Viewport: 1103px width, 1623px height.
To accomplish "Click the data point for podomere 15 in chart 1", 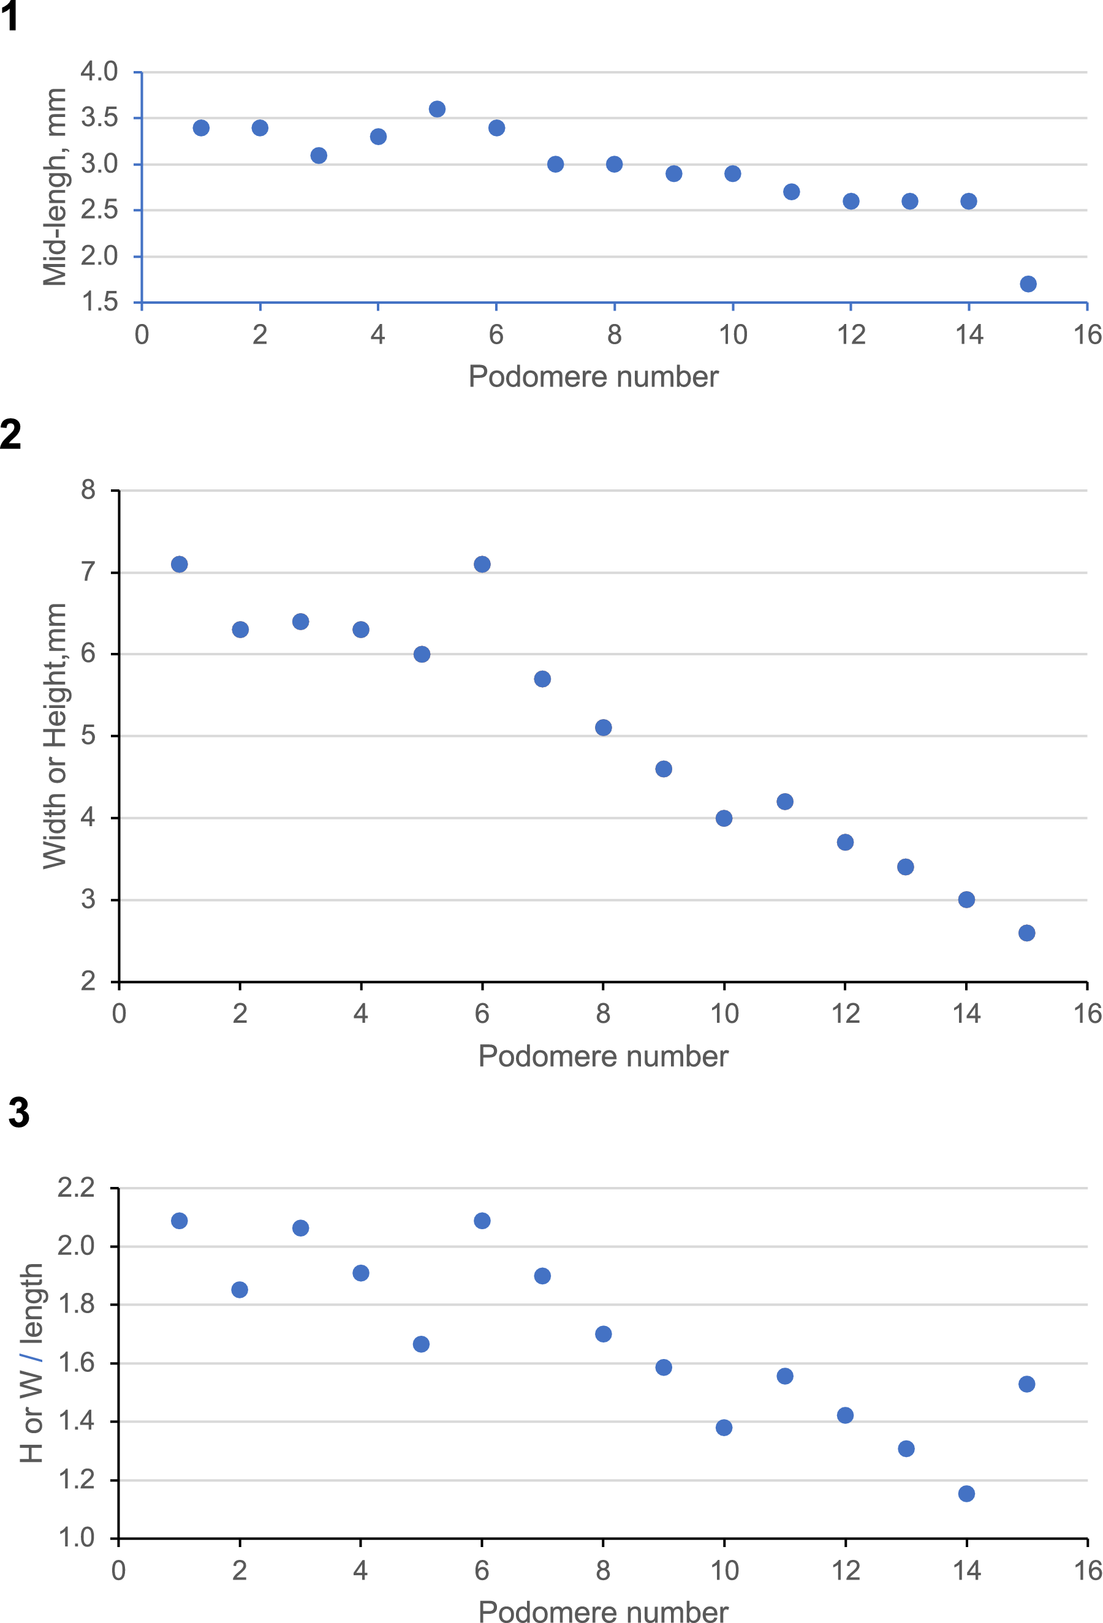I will [x=1028, y=284].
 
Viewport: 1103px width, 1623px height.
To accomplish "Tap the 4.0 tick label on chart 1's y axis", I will [x=99, y=71].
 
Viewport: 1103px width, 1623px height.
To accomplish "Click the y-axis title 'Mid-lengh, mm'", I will [x=55, y=187].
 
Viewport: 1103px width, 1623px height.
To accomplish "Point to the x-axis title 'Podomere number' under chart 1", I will [x=593, y=377].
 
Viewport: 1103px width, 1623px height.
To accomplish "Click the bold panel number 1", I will [x=10, y=17].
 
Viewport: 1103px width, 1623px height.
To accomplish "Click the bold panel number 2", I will [x=11, y=434].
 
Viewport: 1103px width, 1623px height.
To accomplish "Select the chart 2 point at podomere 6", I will [x=482, y=564].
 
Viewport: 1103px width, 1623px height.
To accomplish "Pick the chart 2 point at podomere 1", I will [x=180, y=564].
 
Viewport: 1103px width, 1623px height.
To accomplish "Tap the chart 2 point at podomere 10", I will [x=724, y=818].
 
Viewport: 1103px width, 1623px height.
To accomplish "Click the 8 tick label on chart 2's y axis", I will [x=88, y=490].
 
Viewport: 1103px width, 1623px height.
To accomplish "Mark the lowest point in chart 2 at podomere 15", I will [x=1026, y=933].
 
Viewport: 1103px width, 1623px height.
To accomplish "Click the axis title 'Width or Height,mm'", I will [x=55, y=736].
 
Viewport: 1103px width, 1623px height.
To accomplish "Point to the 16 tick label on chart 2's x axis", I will [x=1087, y=1014].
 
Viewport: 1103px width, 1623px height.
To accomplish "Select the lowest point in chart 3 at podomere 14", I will [x=966, y=1494].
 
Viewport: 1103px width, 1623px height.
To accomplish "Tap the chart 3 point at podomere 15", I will [x=1026, y=1384].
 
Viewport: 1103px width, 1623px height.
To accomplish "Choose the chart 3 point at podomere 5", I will [x=421, y=1344].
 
